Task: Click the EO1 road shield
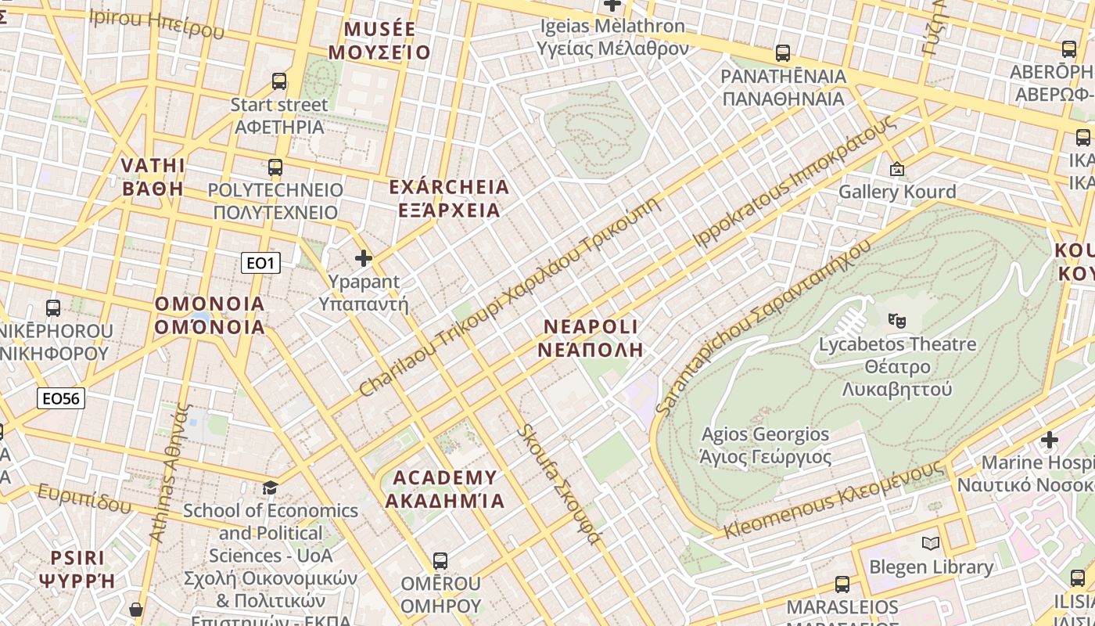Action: coord(260,263)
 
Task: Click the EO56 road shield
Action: coord(61,398)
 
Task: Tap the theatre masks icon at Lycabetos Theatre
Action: coord(896,319)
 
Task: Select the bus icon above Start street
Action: coord(279,81)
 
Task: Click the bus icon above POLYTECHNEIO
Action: coord(275,167)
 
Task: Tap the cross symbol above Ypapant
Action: coord(364,257)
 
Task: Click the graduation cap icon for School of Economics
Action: coord(270,487)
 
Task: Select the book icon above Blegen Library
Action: coord(931,543)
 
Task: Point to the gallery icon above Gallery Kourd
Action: coord(897,168)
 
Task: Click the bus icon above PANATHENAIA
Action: coord(783,53)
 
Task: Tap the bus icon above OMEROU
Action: coord(440,560)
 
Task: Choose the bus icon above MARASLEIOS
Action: coord(842,584)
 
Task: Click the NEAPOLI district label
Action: coord(591,337)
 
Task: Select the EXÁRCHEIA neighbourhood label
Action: coord(449,199)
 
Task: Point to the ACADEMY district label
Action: coord(445,488)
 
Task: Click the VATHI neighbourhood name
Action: coord(153,177)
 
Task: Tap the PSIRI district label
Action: coord(77,569)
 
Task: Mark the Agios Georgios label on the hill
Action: coord(765,445)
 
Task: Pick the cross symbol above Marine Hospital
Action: coord(1050,440)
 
